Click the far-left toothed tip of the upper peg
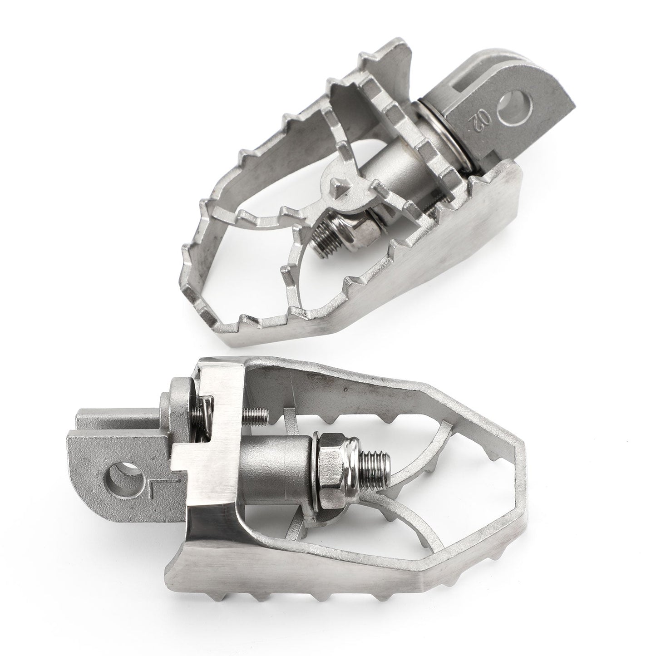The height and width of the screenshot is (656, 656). (x=191, y=254)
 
